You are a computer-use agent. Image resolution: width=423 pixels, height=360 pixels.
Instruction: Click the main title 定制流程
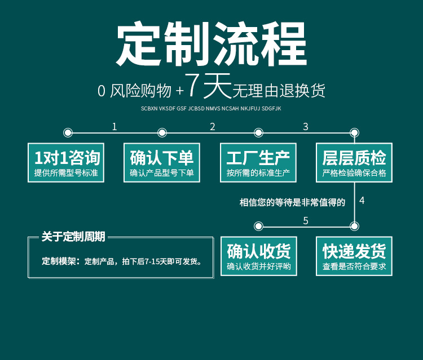coord(211,45)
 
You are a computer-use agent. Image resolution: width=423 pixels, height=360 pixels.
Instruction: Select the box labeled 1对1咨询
coord(67,162)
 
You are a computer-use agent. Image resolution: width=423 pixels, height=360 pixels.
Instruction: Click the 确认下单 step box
coord(162,162)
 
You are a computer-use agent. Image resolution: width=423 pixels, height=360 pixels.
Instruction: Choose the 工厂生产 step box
coord(258,162)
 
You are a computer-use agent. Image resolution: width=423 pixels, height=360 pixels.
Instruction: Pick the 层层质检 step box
coord(354,162)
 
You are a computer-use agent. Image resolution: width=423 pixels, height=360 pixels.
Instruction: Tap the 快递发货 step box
coord(354,256)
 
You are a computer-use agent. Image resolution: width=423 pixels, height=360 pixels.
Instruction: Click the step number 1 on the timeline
coord(114,127)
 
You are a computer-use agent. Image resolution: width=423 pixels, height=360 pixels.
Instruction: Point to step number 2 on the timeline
coord(213,127)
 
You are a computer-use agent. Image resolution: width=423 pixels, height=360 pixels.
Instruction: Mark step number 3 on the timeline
coord(306,127)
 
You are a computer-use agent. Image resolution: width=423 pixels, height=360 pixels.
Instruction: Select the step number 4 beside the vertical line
coord(362,201)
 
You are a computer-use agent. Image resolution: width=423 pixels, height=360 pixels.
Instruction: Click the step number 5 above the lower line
coord(306,221)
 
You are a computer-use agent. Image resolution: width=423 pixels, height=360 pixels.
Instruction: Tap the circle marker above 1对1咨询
coord(68,133)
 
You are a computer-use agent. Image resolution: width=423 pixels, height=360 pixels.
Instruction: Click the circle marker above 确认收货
coord(259,226)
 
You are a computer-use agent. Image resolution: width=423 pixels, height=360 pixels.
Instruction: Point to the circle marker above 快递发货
coord(354,226)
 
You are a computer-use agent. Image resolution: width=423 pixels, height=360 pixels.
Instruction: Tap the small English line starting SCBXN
coord(211,108)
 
